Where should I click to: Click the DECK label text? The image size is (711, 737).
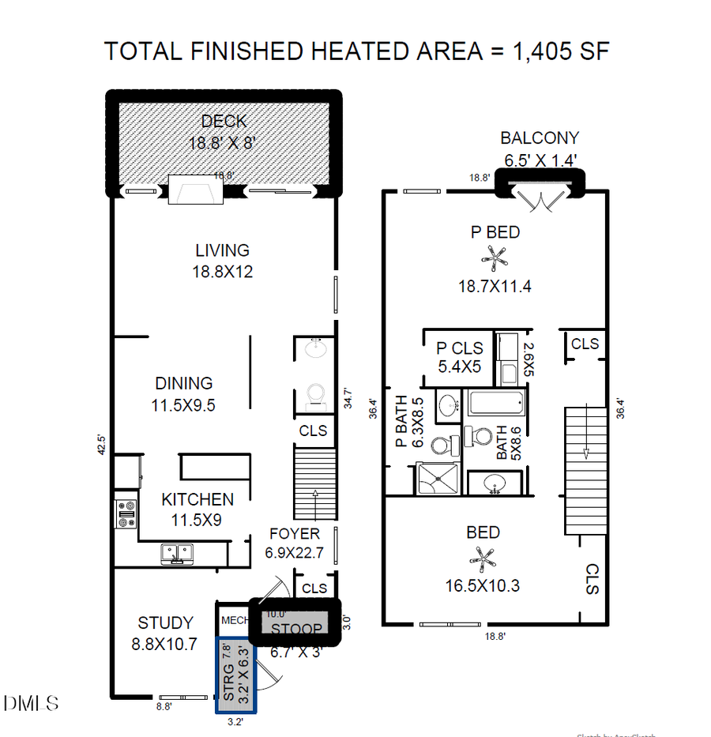coord(224,121)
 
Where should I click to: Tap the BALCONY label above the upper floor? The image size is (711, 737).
coord(540,138)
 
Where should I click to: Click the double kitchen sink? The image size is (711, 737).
coord(176,553)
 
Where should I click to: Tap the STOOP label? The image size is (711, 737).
coord(297,630)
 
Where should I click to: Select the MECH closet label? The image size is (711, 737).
coord(235,620)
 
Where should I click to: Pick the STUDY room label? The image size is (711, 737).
coord(165,623)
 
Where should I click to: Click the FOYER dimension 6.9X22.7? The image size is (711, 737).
coord(295,553)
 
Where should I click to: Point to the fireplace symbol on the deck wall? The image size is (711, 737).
coord(197,190)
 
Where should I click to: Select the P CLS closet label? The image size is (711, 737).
coord(459,348)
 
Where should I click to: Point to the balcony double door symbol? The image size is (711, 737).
coord(540,199)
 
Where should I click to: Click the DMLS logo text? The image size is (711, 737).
coord(32,701)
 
